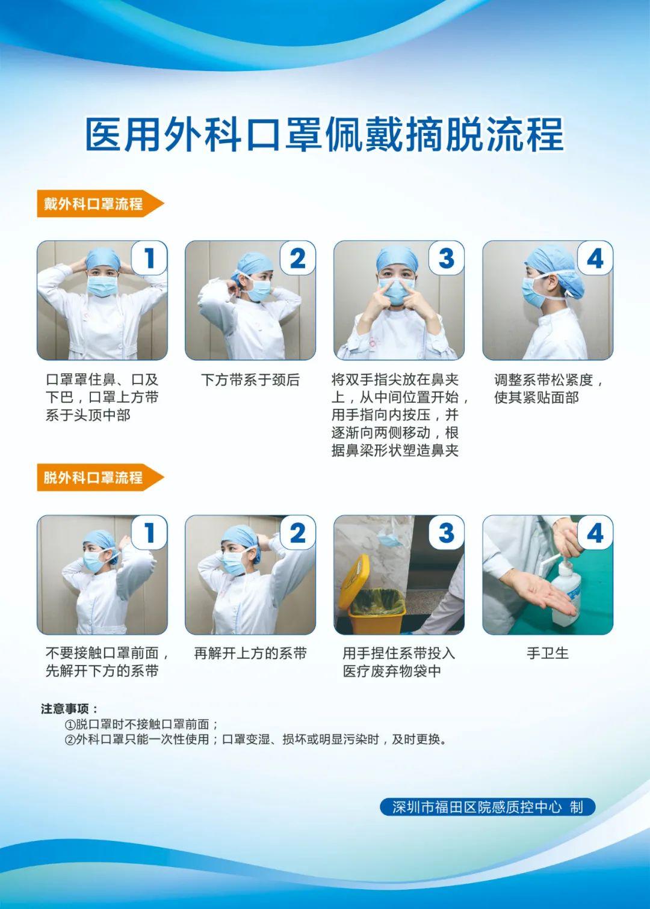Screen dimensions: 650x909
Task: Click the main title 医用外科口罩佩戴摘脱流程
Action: (x=324, y=134)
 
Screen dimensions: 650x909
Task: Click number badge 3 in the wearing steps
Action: (x=446, y=258)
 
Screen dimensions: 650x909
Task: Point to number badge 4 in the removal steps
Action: (x=595, y=533)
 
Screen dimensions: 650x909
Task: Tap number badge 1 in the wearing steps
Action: (x=149, y=258)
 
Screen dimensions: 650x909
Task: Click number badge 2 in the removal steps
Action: (x=298, y=533)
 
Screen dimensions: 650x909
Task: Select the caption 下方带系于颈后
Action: (x=250, y=380)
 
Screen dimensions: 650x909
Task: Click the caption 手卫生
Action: (x=547, y=653)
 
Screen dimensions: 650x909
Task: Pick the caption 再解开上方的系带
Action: (x=250, y=653)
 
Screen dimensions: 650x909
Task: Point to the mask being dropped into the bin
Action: (x=389, y=536)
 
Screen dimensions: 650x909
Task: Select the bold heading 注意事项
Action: (x=69, y=709)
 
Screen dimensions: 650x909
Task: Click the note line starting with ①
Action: (x=141, y=724)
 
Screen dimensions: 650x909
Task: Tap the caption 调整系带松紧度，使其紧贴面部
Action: (x=548, y=389)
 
